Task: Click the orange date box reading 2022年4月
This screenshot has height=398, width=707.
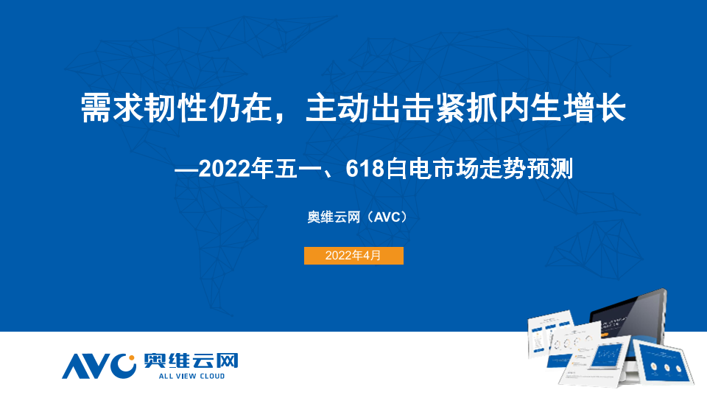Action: (353, 256)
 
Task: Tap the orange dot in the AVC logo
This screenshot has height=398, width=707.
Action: (132, 358)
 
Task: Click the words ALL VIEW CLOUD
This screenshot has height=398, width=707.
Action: (191, 376)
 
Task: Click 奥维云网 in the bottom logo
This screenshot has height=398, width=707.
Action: (191, 360)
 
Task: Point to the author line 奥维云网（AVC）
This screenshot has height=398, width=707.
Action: (356, 217)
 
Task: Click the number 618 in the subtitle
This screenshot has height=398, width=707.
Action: (365, 169)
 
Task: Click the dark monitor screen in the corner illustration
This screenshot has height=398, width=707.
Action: (628, 318)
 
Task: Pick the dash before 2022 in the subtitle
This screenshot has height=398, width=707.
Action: (186, 170)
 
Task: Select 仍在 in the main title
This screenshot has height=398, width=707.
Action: (241, 108)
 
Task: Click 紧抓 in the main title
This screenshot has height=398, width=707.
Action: (466, 108)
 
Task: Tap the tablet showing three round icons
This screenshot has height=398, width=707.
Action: (662, 363)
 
